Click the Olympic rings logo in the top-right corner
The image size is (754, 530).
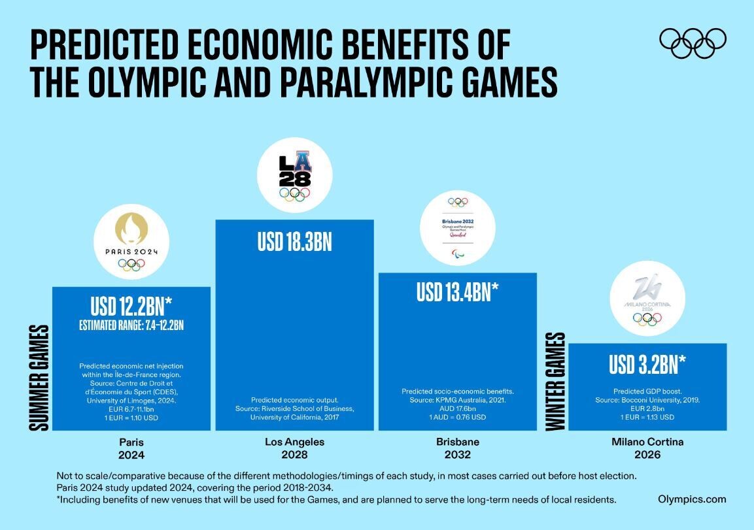click(693, 43)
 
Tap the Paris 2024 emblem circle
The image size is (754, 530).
click(131, 245)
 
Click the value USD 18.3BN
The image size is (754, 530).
click(294, 243)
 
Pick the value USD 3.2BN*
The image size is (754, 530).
click(647, 365)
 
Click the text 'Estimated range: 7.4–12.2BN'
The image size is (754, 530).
click(131, 325)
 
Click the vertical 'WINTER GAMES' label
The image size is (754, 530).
click(555, 382)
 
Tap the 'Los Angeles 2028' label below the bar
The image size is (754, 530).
click(294, 448)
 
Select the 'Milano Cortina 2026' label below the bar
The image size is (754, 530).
click(647, 448)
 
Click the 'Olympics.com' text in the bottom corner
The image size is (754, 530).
click(692, 499)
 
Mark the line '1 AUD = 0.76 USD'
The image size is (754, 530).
click(458, 417)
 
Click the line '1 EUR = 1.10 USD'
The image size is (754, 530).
click(131, 417)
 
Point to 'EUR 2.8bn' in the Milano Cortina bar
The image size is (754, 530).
click(647, 408)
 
